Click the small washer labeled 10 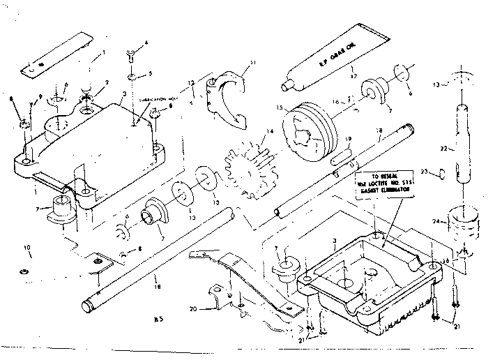23,270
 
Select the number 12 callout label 190,83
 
